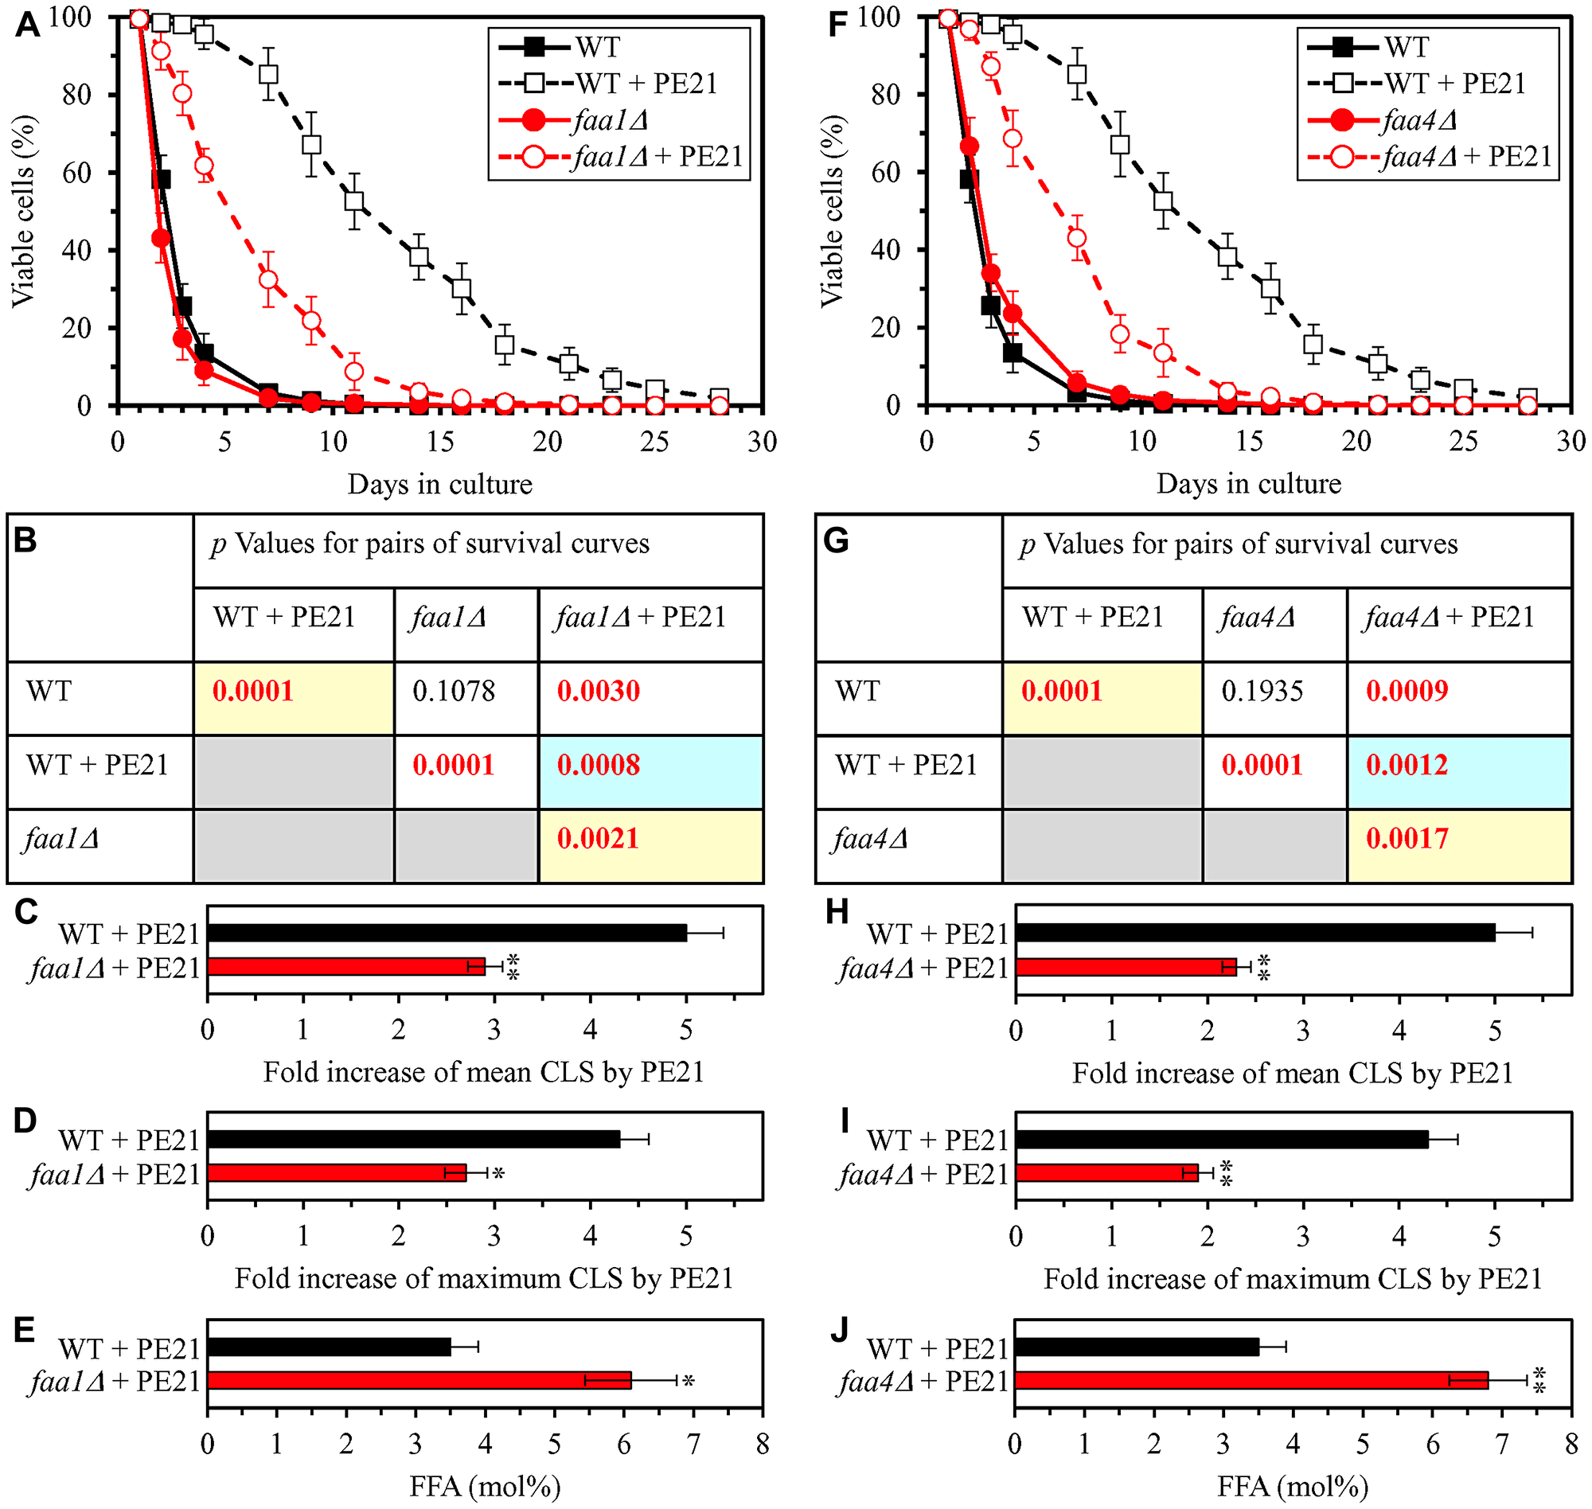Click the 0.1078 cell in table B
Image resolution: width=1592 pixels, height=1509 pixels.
[x=454, y=691]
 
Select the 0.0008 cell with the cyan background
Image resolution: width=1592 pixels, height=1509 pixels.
[x=599, y=765]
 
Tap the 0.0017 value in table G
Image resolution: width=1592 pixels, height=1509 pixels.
[x=1407, y=839]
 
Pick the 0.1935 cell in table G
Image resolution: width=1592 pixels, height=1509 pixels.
[x=1262, y=691]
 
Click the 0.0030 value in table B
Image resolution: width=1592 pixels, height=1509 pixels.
[x=599, y=691]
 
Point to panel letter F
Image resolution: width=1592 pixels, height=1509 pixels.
[x=837, y=24]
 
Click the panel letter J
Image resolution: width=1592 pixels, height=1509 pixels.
[x=838, y=1331]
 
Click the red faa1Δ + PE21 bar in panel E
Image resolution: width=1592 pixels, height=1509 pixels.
[x=419, y=1380]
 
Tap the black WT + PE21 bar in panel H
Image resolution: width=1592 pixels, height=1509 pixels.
[x=1255, y=933]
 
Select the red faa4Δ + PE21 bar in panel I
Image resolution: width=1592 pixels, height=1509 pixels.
[x=1106, y=1173]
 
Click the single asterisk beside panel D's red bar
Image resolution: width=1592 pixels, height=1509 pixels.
[x=499, y=1175]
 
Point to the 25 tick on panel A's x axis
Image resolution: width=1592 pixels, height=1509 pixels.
[x=655, y=441]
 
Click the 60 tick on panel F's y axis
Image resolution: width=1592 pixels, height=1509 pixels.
[x=887, y=172]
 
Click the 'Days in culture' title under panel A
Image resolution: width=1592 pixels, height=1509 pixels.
[x=439, y=484]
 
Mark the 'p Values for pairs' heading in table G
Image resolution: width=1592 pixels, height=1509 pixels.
[x=1239, y=544]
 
